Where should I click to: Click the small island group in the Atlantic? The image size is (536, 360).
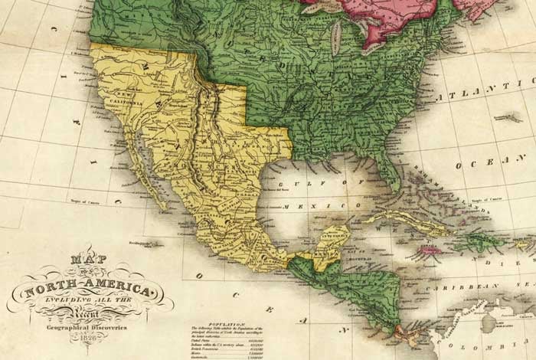point(505,116)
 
